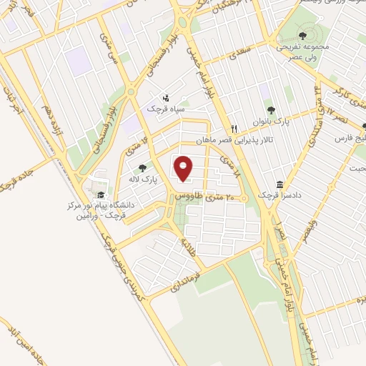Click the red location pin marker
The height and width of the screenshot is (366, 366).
pos(185,169)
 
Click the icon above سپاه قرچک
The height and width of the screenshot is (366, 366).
pos(167,97)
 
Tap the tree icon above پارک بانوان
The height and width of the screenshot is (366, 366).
pos(271,110)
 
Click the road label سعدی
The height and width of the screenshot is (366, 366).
pos(237,55)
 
